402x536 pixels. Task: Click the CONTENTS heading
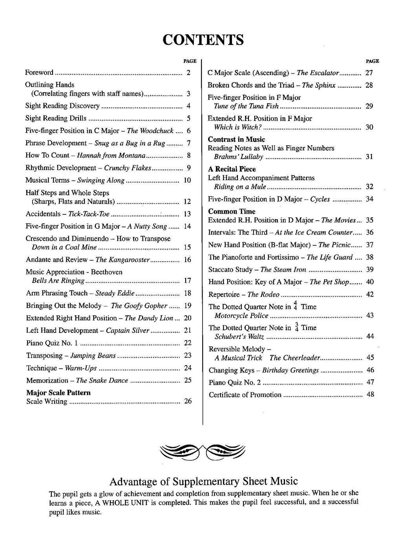coord(203,40)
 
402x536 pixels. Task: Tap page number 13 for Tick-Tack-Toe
coord(187,214)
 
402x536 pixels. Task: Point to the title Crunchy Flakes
coord(128,168)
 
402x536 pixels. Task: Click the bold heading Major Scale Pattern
coord(58,393)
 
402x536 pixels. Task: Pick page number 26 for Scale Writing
coord(188,401)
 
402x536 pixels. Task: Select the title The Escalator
coord(318,73)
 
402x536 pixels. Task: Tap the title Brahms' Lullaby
coord(238,157)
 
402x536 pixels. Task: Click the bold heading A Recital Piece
coord(232,169)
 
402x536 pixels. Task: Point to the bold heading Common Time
coord(232,212)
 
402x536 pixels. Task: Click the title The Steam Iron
coord(283,270)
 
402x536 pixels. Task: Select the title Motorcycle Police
coord(241,316)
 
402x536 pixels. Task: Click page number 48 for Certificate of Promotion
coord(370,394)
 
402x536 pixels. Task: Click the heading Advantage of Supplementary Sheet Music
coord(204,481)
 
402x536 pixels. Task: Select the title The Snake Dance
coord(102,381)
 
